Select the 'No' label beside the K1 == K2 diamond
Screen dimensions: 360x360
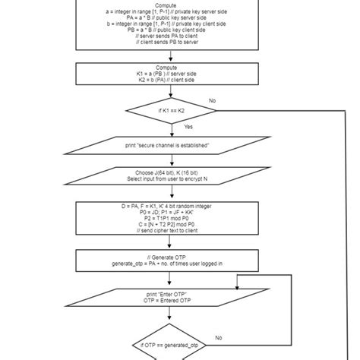pyautogui.click(x=212, y=100)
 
